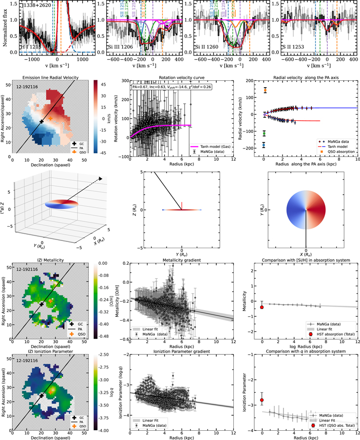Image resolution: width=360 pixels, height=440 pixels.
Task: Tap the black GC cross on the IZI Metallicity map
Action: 42,304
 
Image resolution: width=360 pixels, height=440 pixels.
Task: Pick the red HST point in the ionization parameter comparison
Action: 262,400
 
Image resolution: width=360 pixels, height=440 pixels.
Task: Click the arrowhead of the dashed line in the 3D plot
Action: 101,179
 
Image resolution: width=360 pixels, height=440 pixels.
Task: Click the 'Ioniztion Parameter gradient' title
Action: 182,351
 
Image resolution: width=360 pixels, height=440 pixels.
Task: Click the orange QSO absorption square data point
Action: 265,91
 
